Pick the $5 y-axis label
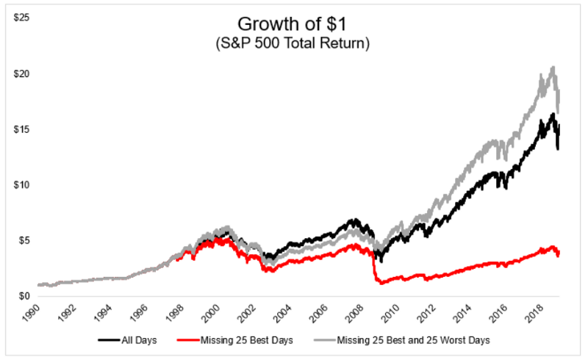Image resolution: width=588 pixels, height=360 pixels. (23, 241)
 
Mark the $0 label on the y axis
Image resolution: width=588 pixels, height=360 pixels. (23, 297)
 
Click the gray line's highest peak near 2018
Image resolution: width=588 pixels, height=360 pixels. (552, 68)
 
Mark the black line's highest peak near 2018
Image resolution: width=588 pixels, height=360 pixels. (552, 114)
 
